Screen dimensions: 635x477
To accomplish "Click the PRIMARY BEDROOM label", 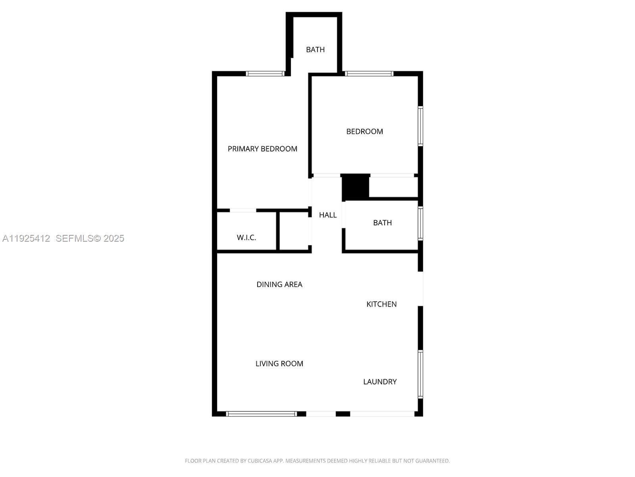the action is [x=262, y=149].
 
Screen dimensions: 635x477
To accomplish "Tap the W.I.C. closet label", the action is [x=246, y=237].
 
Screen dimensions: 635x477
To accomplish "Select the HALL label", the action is [x=328, y=215].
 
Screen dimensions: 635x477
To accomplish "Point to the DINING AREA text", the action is [x=279, y=284].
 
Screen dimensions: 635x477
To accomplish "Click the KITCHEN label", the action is [x=381, y=304].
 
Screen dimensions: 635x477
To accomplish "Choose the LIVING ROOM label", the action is [x=279, y=363].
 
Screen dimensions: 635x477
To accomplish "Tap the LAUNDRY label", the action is [x=380, y=382].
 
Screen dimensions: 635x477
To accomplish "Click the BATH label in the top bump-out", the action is [x=316, y=50].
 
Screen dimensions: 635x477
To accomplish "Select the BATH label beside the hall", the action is [x=383, y=223].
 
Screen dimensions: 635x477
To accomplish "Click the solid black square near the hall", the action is [x=356, y=187].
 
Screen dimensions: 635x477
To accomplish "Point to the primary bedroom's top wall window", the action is [x=265, y=74].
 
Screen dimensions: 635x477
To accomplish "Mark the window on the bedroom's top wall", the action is [x=369, y=74].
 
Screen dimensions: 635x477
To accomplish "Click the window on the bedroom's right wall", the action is [x=421, y=126].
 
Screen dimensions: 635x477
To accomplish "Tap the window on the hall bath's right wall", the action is [x=421, y=223].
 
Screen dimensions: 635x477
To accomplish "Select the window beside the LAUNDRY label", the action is [x=421, y=374].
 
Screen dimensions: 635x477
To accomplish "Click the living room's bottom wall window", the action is [x=261, y=414].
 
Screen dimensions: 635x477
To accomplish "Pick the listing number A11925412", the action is [x=26, y=238].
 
